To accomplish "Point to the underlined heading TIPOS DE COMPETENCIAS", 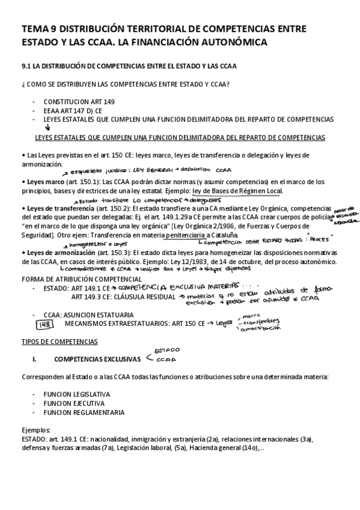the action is [x=59, y=342].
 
